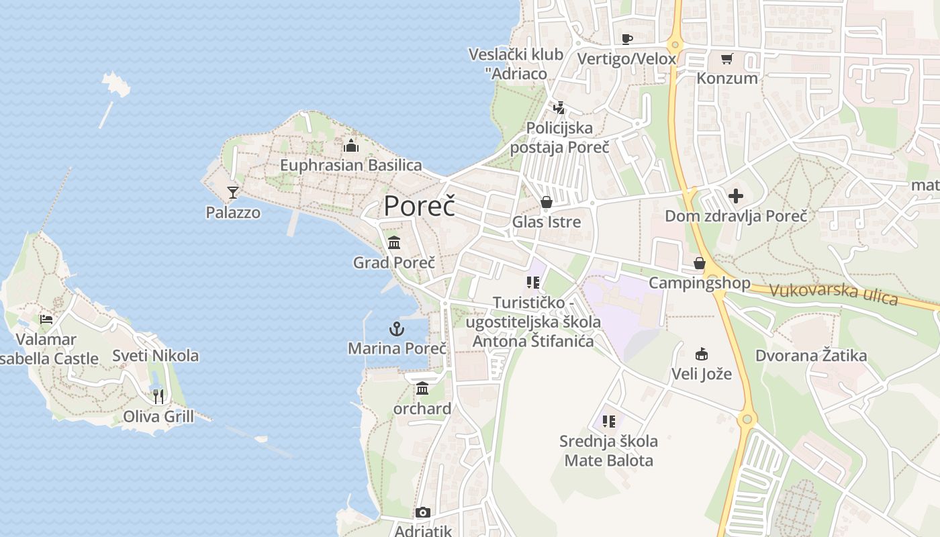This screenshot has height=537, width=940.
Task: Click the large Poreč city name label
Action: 419,206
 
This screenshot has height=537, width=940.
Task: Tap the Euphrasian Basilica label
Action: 351,165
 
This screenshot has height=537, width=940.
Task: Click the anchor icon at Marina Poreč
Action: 397,329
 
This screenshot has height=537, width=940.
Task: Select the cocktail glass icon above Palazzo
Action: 233,193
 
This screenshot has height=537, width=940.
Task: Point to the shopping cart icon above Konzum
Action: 726,58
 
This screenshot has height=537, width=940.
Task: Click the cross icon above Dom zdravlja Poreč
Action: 736,196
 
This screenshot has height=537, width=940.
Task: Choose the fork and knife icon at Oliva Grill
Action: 158,397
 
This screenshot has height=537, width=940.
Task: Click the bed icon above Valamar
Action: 46,319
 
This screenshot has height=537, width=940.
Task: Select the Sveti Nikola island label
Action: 155,356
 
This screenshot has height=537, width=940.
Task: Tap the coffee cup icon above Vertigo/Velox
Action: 626,39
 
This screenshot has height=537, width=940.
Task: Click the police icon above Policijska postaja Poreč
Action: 559,107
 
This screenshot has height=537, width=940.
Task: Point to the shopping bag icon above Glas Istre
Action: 547,202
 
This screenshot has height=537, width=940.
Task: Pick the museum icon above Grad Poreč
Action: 394,242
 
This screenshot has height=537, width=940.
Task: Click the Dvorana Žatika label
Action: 811,356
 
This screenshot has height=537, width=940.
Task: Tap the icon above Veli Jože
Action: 702,354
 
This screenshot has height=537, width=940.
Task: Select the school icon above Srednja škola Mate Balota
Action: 608,422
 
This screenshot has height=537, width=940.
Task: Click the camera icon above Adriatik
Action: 422,513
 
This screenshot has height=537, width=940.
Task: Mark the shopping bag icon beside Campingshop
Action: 700,263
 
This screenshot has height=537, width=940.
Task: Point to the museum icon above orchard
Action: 422,389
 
